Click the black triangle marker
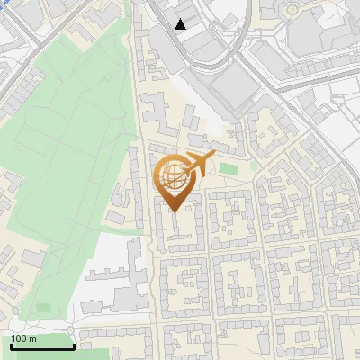point(181,24)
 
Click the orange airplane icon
point(199,164)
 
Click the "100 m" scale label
point(24,338)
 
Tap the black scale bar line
point(42,346)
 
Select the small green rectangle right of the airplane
point(229,168)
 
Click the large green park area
point(72,153)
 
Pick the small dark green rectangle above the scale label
point(43,309)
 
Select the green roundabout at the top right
point(292,10)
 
